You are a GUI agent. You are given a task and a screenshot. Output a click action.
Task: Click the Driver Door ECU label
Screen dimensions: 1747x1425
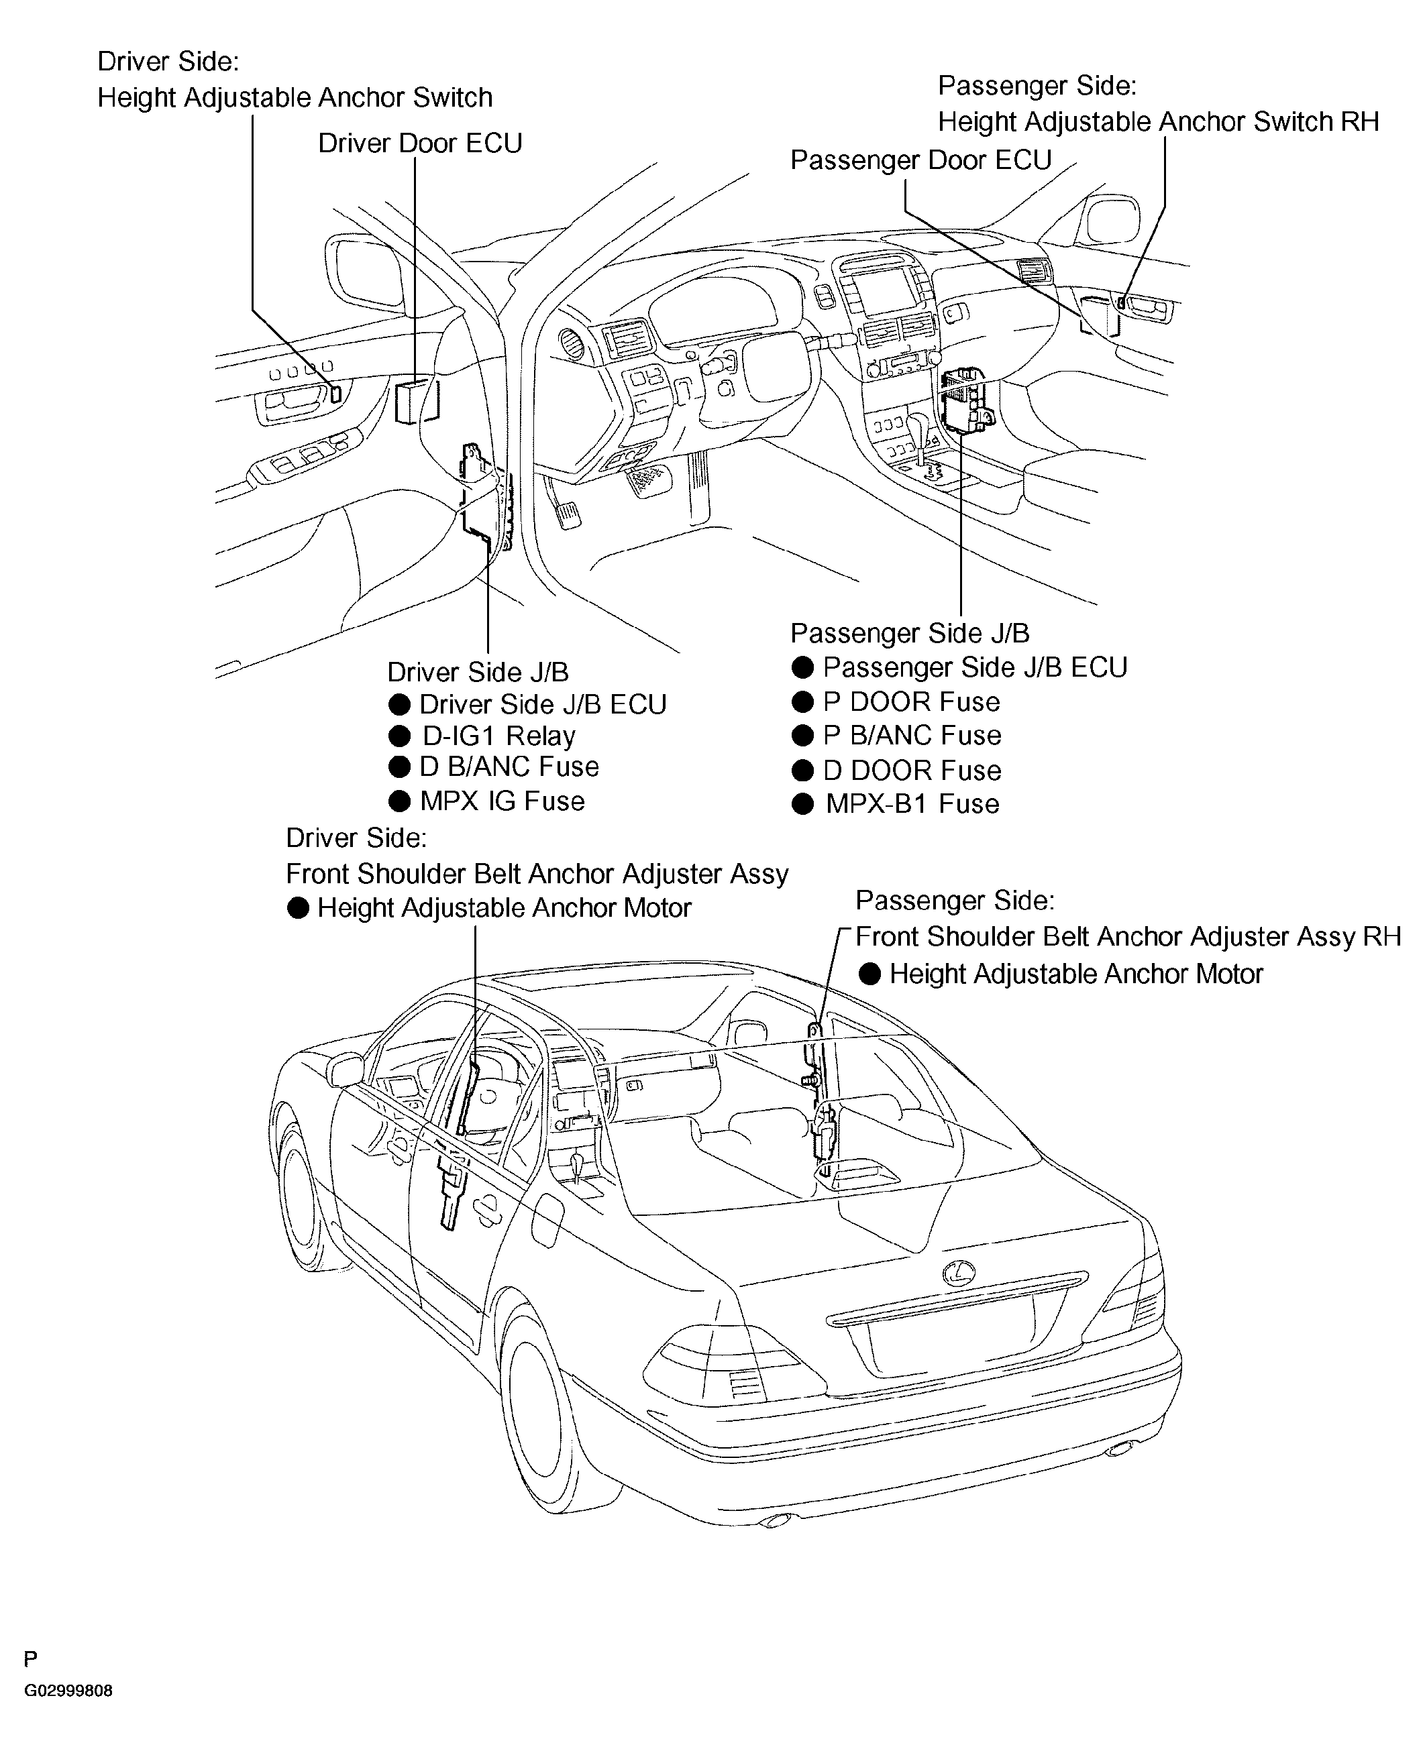click(x=419, y=144)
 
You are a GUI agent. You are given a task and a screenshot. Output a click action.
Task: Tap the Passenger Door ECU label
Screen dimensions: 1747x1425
click(x=920, y=160)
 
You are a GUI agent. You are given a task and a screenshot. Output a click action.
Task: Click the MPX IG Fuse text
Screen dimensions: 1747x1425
click(x=502, y=801)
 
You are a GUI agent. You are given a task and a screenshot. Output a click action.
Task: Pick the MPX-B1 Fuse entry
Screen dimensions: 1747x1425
click(x=912, y=803)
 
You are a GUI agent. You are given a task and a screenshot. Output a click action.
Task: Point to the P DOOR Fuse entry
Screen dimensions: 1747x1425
click(x=911, y=701)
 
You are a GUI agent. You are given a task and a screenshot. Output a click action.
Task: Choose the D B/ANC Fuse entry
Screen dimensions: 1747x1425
click(x=509, y=767)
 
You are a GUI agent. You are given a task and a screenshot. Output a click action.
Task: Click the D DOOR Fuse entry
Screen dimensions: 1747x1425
click(x=912, y=771)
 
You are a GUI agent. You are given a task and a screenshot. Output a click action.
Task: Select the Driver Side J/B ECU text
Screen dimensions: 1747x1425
click(x=543, y=704)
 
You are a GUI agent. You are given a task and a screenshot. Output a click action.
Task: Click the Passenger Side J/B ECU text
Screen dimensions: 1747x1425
click(x=975, y=667)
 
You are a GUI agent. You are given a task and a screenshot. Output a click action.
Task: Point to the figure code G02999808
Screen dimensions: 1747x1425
click(x=68, y=1691)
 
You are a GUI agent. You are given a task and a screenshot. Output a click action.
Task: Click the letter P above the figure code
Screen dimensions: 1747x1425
click(x=30, y=1660)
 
